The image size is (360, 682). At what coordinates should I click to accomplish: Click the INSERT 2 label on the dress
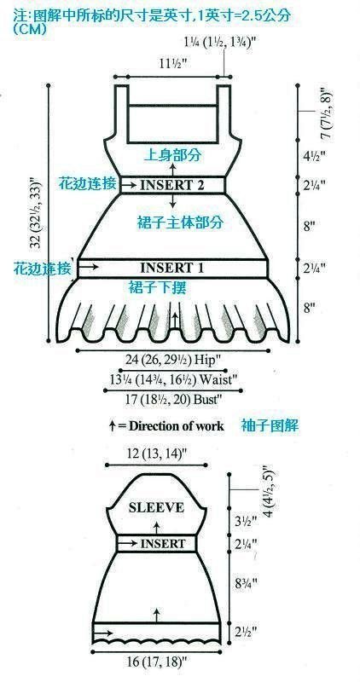pyautogui.click(x=172, y=185)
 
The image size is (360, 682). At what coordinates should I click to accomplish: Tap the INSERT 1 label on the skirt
pyautogui.click(x=172, y=267)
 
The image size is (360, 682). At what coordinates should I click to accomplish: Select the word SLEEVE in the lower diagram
pyautogui.click(x=156, y=507)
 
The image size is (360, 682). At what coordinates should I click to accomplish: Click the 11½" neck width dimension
pyautogui.click(x=172, y=65)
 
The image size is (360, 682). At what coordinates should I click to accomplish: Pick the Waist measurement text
pyautogui.click(x=174, y=379)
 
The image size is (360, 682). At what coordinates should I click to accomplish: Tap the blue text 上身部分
pyautogui.click(x=172, y=155)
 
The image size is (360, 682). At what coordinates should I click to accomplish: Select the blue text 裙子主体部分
pyautogui.click(x=178, y=223)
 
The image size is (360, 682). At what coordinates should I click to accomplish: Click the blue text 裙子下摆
pyautogui.click(x=158, y=287)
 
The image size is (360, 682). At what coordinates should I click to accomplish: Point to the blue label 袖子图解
pyautogui.click(x=270, y=425)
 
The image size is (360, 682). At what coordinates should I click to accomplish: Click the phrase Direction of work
pyautogui.click(x=177, y=425)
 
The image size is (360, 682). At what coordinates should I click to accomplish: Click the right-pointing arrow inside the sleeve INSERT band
pyautogui.click(x=128, y=543)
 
